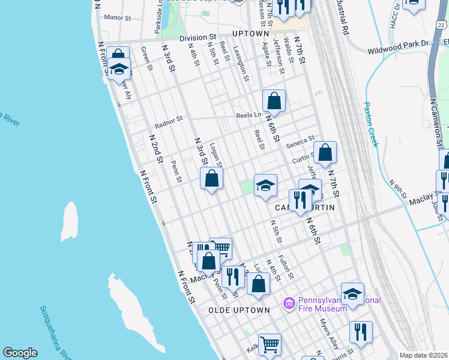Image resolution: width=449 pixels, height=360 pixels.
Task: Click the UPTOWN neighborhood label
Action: click(x=251, y=34)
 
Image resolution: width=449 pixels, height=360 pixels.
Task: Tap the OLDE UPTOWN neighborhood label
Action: click(x=239, y=310)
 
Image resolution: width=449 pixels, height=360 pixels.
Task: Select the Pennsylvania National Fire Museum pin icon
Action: click(x=289, y=304)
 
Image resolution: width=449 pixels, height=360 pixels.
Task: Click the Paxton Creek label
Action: click(x=371, y=124)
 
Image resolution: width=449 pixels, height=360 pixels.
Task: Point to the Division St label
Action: click(x=196, y=37)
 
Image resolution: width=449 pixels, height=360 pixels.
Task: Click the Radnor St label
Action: click(x=168, y=122)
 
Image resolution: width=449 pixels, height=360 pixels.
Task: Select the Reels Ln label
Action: click(x=249, y=115)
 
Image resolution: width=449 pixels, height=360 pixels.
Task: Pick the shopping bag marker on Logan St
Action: click(x=211, y=178)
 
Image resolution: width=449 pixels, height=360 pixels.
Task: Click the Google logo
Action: click(x=20, y=353)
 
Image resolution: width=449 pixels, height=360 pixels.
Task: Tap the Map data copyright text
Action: click(x=423, y=355)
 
